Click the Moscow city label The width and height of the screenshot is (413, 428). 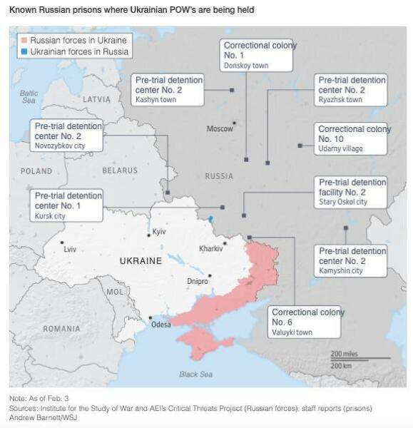(x=219, y=129)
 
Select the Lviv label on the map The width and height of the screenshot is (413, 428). (x=69, y=249)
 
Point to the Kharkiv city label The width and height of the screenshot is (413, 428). (x=211, y=249)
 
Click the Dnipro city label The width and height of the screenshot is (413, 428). (x=197, y=282)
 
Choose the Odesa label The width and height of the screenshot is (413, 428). (x=161, y=325)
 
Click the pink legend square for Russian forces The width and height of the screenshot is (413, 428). (x=24, y=41)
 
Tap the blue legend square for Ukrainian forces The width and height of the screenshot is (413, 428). (x=24, y=51)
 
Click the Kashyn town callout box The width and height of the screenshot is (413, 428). (x=168, y=90)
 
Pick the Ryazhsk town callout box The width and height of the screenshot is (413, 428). (x=351, y=90)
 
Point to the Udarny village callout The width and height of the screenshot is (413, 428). (x=351, y=138)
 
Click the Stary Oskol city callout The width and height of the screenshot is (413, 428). (x=351, y=192)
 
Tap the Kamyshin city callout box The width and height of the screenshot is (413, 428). (x=351, y=260)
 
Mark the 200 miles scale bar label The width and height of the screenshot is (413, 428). (x=344, y=354)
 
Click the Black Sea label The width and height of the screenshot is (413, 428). (x=195, y=374)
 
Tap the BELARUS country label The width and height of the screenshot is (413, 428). (x=119, y=171)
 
